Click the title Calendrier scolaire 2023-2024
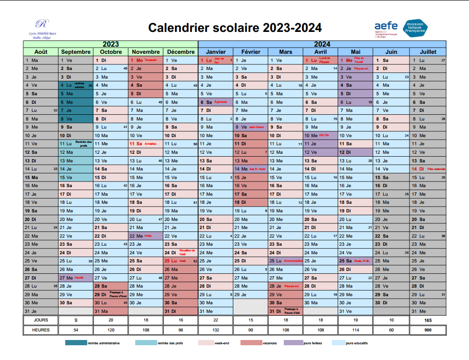click(x=235, y=28)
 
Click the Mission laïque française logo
click(x=416, y=29)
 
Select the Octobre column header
click(x=111, y=52)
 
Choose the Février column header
click(x=250, y=52)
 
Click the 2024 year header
click(x=322, y=44)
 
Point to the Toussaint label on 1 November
click(x=150, y=60)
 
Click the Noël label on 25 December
click(x=182, y=261)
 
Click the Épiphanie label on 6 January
click(x=221, y=102)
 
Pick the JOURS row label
click(x=41, y=320)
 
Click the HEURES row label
click(x=41, y=330)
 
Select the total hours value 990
click(x=428, y=330)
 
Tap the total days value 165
click(x=428, y=320)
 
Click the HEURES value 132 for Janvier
click(x=215, y=330)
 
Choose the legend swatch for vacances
click(x=251, y=343)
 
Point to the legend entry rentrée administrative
click(x=103, y=343)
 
